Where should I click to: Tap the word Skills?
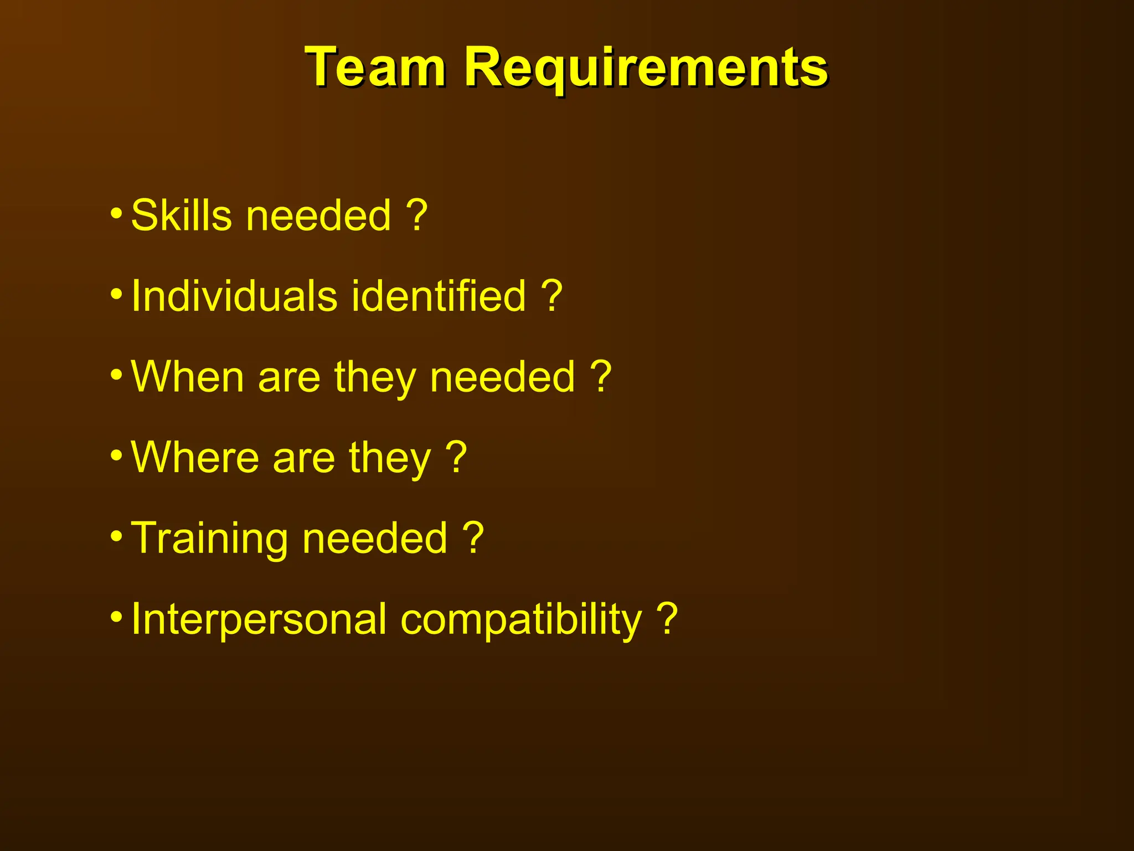coord(181,216)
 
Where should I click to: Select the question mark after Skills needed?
coord(416,216)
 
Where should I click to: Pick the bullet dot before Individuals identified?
coord(116,294)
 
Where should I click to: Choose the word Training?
coord(209,539)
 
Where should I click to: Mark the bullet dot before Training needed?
coord(116,536)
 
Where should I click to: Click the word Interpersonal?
coord(259,619)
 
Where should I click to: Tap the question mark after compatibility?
coord(667,619)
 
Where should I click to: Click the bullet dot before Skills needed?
coord(116,213)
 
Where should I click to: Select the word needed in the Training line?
coord(375,539)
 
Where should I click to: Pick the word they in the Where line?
coord(390,459)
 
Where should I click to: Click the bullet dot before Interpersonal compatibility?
coord(116,617)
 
